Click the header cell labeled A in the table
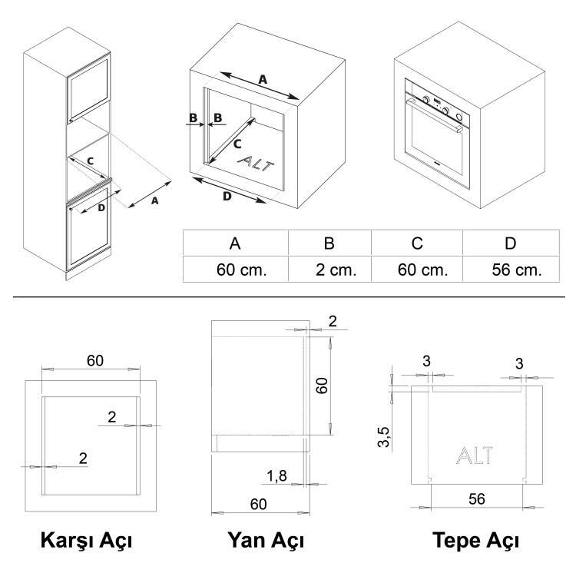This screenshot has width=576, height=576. pos(236,243)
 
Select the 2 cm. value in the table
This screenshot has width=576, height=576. pos(329,270)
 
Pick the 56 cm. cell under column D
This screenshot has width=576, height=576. pos(517,270)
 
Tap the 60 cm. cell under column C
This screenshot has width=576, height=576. pos(418,270)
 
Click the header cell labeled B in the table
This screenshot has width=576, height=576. pos(329,243)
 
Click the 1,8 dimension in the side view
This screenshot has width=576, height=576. pos(277,478)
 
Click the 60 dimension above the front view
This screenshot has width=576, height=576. pos(95,360)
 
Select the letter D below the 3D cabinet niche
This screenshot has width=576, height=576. pos(227,197)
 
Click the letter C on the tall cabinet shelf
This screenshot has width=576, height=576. pos(90,161)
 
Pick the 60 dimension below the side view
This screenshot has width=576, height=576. pos(258,504)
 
